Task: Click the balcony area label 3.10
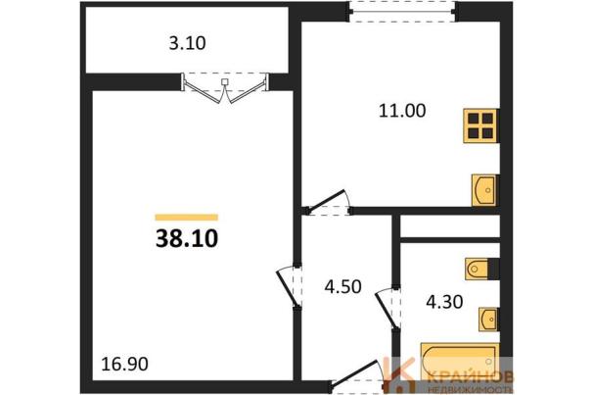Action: [187, 43]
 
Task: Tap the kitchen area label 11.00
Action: [402, 111]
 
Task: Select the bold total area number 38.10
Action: [187, 239]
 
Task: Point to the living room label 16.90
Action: [125, 364]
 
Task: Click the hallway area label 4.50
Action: [342, 286]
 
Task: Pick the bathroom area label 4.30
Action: [444, 302]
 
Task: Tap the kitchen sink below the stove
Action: [484, 190]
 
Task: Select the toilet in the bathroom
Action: [478, 269]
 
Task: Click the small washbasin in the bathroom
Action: [488, 320]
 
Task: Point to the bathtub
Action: [459, 361]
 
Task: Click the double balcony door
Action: [225, 88]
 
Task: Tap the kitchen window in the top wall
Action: [402, 12]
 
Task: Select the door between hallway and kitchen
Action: [328, 204]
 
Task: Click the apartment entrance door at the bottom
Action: [357, 375]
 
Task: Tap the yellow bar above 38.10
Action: [187, 218]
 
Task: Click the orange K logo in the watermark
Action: [400, 374]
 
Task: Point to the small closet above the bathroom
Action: [450, 226]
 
